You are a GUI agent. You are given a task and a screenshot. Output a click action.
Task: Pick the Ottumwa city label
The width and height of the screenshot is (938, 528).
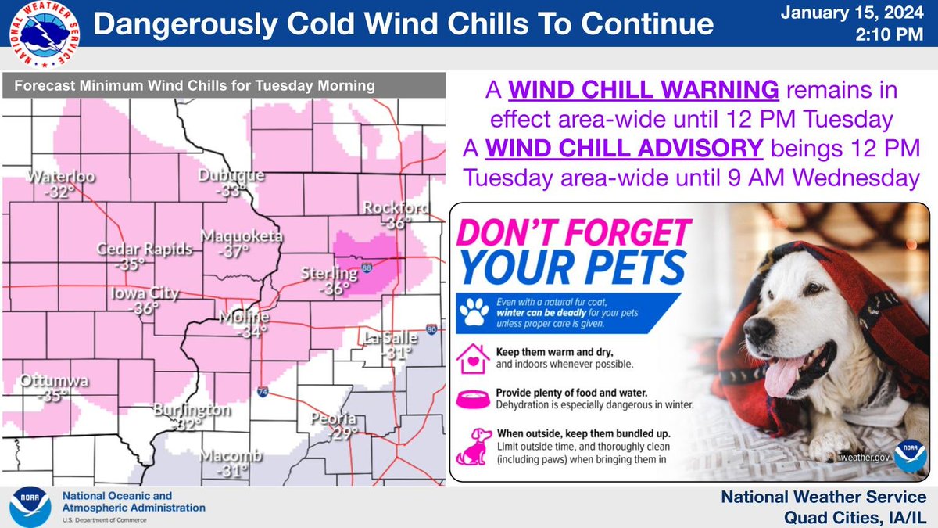coord(55,382)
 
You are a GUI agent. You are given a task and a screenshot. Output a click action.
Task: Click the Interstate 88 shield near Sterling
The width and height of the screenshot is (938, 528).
coord(367,268)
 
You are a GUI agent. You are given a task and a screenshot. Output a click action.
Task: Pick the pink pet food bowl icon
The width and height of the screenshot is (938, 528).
coord(474,397)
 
